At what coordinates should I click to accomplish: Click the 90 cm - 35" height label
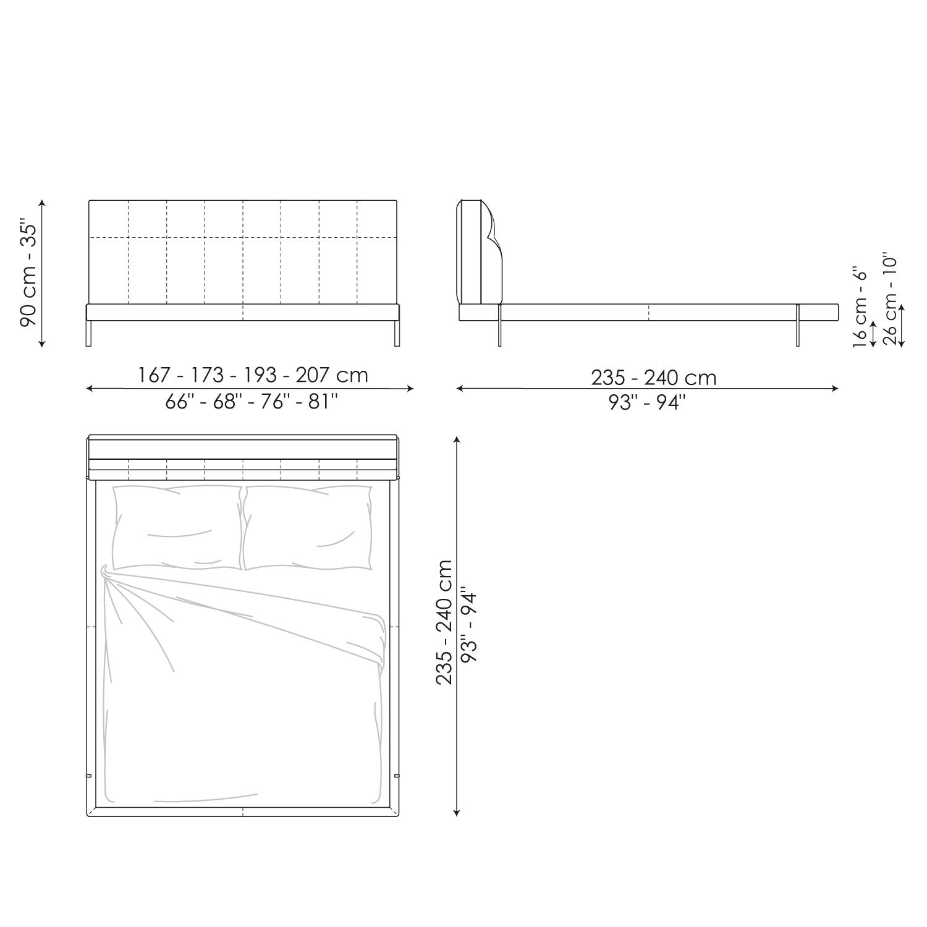pos(30,273)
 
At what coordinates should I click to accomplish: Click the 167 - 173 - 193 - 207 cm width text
pos(252,375)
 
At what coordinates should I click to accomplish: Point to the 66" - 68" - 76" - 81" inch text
pos(252,402)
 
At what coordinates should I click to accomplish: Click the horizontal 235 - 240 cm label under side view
pos(653,377)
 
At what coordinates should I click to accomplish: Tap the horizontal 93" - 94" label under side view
pos(646,403)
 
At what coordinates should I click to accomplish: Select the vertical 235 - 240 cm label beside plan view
pos(444,622)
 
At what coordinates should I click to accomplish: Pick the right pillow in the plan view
pos(308,527)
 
